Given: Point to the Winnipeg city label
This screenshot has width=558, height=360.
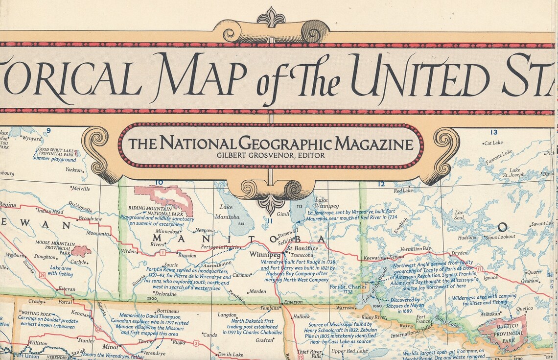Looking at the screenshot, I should click(x=265, y=255).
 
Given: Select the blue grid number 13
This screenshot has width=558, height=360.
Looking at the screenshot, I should click(x=494, y=132).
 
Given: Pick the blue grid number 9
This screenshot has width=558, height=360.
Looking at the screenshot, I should click(x=48, y=130).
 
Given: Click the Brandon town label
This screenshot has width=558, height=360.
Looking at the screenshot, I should click(x=186, y=255).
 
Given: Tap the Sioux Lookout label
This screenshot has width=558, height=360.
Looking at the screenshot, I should click(x=500, y=237).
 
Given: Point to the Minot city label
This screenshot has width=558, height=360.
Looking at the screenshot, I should click(x=110, y=346).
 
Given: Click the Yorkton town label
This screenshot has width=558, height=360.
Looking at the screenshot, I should click(x=73, y=170).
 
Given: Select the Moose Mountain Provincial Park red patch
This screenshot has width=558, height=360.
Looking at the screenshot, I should click(x=81, y=251).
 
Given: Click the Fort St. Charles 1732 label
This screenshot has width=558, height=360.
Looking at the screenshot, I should click(x=348, y=289).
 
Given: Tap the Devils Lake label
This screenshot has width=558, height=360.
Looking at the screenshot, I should click(x=231, y=355).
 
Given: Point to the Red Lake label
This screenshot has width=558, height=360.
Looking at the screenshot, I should click(x=403, y=191).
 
